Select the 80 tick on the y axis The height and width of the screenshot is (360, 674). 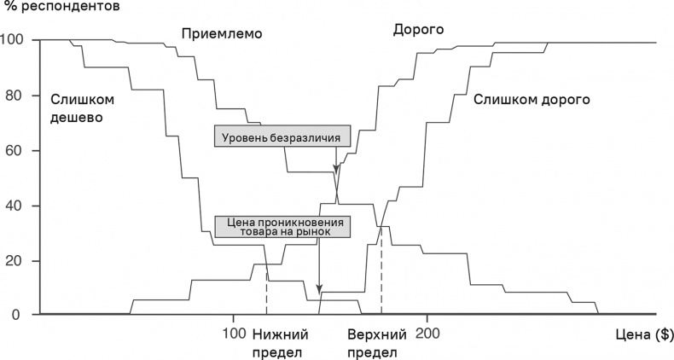point(18,96)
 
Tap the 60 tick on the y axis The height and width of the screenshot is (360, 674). point(18,150)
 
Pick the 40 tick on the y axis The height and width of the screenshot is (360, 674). point(18,206)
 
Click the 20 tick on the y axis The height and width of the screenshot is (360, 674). point(18,260)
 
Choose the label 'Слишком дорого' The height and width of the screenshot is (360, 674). point(532,99)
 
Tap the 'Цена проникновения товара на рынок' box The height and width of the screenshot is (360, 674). point(282,225)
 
